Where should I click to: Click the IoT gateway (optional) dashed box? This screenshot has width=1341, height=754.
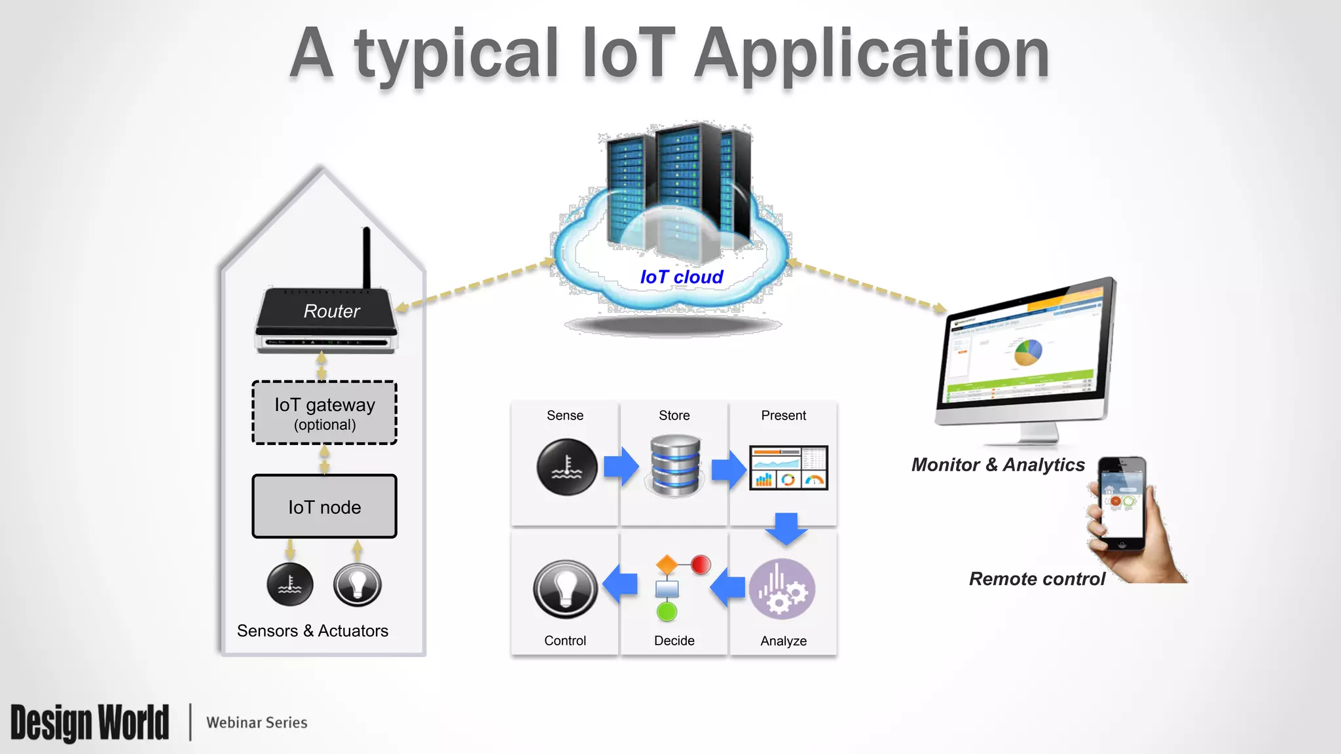(x=325, y=413)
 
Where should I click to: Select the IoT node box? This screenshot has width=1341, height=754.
(x=325, y=507)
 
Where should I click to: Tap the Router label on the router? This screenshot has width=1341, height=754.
(x=331, y=311)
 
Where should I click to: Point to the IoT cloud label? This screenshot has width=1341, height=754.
(x=682, y=277)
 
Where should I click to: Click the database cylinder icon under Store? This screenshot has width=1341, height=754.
(x=675, y=465)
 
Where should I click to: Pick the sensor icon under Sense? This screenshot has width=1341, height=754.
(x=567, y=467)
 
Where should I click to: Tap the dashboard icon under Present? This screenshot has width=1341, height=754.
(x=788, y=467)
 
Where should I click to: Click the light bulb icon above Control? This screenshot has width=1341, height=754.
(x=565, y=589)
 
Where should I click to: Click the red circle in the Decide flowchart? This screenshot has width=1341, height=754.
(x=701, y=564)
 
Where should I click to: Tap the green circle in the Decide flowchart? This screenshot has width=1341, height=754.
(x=667, y=613)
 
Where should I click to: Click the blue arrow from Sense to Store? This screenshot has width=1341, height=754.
(x=621, y=467)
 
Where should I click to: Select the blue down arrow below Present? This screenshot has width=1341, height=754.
(x=786, y=528)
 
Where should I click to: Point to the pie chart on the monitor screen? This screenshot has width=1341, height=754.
(x=1028, y=352)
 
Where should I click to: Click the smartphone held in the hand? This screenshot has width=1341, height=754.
(x=1122, y=503)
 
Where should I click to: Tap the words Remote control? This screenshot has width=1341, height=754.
(x=1037, y=579)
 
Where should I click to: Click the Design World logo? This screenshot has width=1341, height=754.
(x=90, y=723)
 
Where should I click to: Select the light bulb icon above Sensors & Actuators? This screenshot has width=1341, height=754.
(x=358, y=584)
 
